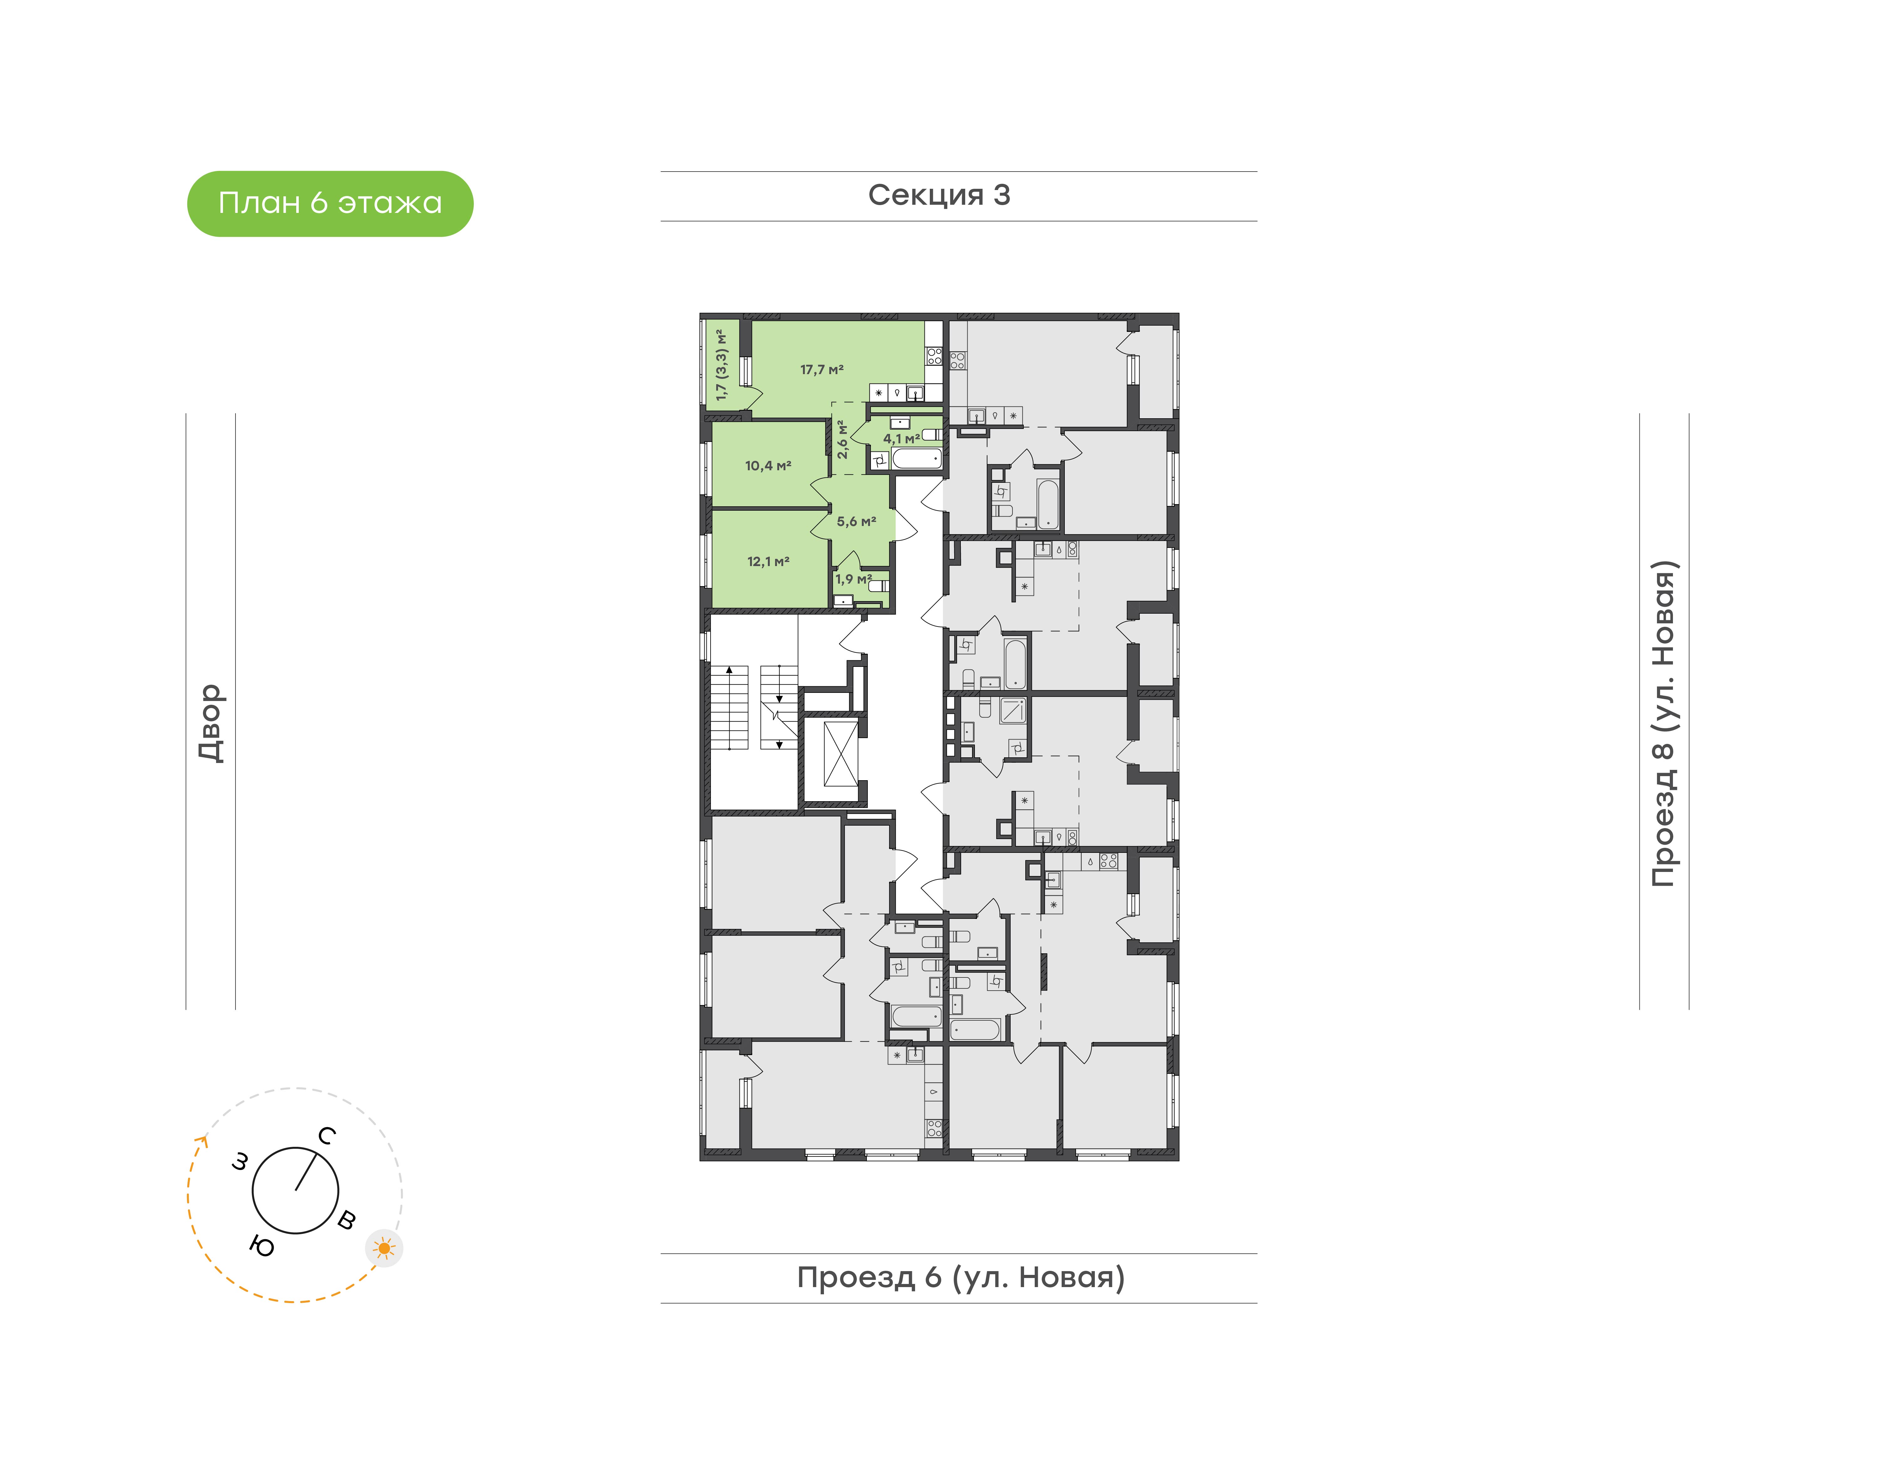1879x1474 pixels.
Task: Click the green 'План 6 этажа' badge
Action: pyautogui.click(x=330, y=204)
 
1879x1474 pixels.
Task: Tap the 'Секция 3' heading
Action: pyautogui.click(x=939, y=195)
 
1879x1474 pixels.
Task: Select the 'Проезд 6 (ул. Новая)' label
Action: pyautogui.click(x=961, y=1277)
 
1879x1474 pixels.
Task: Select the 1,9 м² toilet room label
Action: pyautogui.click(x=853, y=579)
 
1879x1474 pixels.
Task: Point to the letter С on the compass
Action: pyautogui.click(x=326, y=1136)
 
